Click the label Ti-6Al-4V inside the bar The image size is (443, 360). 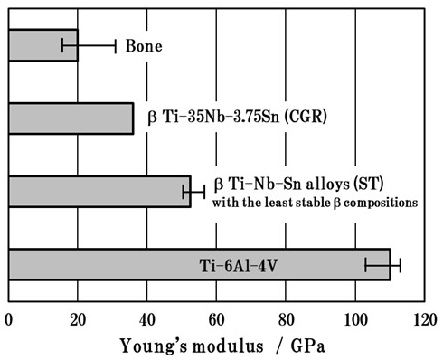coord(233,265)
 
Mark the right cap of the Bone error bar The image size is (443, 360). coord(116,45)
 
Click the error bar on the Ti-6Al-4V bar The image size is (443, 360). coord(382,265)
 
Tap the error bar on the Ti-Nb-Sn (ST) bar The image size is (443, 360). coord(193,192)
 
